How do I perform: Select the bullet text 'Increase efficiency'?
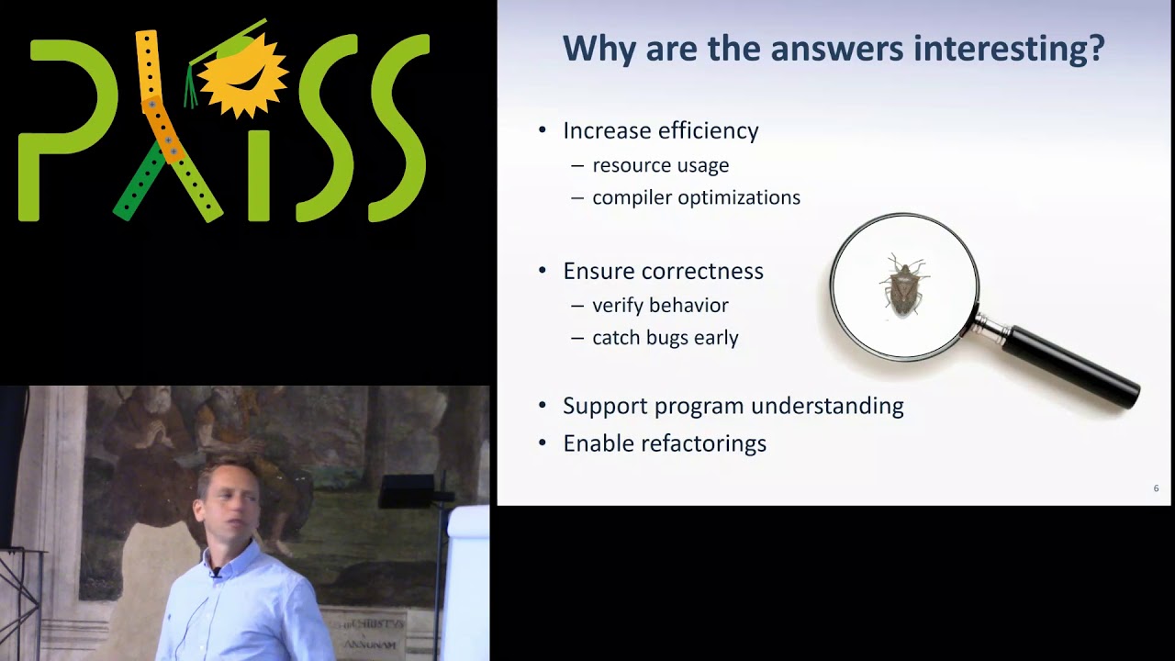tap(660, 130)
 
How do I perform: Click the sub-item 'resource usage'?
tap(660, 165)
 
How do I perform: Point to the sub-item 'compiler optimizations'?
tap(696, 197)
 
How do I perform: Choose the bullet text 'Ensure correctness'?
tap(663, 271)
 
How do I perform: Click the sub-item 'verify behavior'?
tap(660, 305)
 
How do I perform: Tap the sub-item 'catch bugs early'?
tap(665, 338)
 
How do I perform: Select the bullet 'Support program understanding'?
tap(733, 406)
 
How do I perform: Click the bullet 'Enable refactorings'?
tap(664, 443)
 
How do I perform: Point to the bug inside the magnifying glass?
tap(904, 286)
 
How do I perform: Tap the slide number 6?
tap(1156, 488)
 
